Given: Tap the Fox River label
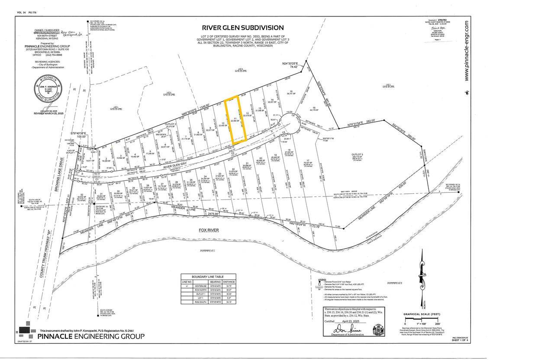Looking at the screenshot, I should tap(207, 231).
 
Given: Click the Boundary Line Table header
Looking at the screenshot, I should tap(209, 276).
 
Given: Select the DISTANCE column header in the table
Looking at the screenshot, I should tap(229, 281).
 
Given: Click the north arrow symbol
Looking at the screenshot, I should tap(422, 277).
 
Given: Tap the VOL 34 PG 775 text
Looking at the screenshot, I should tap(26, 13).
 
